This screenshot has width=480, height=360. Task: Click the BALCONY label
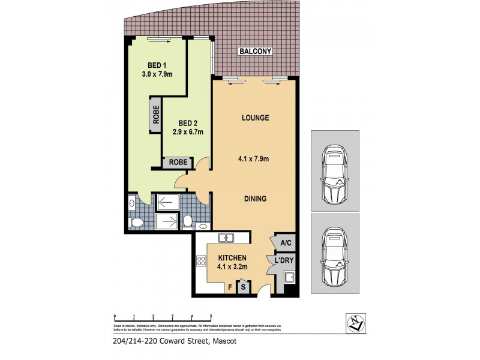[x=256, y=52]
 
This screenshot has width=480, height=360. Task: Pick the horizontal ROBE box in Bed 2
[x=178, y=162]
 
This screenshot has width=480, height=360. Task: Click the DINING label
[x=254, y=199]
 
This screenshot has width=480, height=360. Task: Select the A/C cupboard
[x=286, y=243]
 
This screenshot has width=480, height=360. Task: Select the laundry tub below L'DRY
[x=289, y=278]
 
